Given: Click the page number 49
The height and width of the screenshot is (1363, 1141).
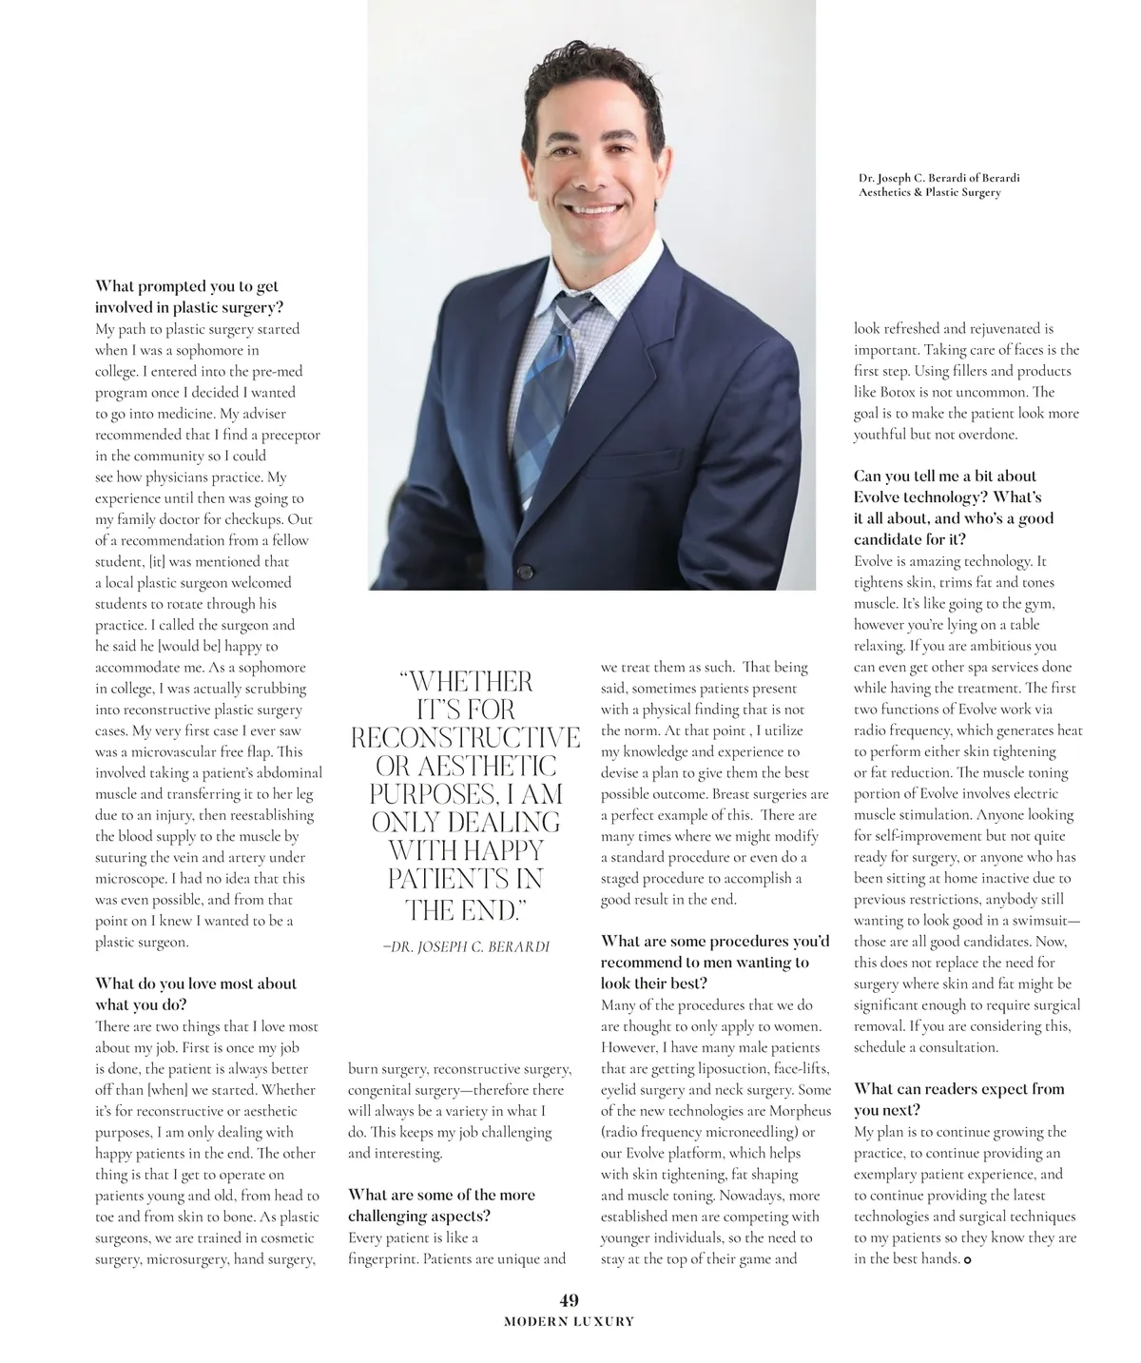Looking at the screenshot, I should [570, 1300].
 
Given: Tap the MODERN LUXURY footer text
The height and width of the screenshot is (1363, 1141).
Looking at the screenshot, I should [569, 1321].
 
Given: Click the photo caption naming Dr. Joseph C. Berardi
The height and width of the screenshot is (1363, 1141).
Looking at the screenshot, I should [938, 185].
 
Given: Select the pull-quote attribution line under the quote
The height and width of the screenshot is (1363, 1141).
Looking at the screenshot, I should [465, 947].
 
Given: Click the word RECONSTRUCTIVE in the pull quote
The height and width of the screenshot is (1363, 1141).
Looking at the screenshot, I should [465, 738].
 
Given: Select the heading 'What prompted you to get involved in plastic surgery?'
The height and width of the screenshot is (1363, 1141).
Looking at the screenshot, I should [187, 297].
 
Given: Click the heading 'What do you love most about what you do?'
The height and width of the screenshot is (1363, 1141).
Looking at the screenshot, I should [196, 994].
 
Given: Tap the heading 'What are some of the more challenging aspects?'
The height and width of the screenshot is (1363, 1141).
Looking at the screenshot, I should [441, 1205].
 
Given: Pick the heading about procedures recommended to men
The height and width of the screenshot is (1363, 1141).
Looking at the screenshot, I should [714, 962].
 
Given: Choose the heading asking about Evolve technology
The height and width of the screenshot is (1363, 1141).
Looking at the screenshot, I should [954, 508].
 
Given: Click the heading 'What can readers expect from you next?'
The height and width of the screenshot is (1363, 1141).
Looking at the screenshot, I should [958, 1100].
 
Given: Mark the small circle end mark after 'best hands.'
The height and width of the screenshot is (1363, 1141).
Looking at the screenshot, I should [968, 1260].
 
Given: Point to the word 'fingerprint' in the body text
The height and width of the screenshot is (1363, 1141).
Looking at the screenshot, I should [383, 1259].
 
